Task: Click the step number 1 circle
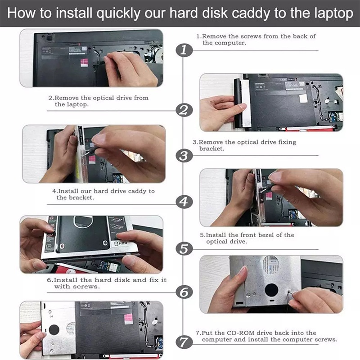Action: (183, 50)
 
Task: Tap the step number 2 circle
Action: (183, 110)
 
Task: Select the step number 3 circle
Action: (183, 156)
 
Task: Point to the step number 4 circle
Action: (183, 202)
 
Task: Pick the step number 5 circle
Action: (183, 247)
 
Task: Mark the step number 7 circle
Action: (183, 341)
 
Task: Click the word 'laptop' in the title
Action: (331, 13)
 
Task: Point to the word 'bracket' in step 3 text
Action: (211, 148)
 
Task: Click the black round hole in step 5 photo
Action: (271, 290)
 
